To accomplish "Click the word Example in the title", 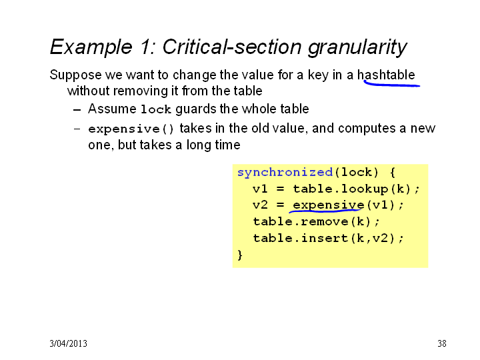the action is (x=91, y=48).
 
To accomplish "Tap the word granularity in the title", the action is (x=357, y=48).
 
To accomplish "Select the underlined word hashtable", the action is (x=386, y=75).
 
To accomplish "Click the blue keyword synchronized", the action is (x=285, y=173).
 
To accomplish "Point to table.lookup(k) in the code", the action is (x=352, y=189).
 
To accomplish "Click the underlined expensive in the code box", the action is (x=329, y=205).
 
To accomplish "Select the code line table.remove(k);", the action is (x=316, y=221).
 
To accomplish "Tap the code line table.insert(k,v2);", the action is (x=328, y=238).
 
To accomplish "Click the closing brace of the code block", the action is (x=240, y=255).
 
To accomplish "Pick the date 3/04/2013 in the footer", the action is (x=68, y=343).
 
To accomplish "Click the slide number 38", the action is (x=442, y=343).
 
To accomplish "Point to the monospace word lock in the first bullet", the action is (x=155, y=109).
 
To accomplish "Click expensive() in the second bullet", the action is (x=131, y=129).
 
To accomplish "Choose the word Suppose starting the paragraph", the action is (x=75, y=75).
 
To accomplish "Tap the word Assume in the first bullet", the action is (x=112, y=109).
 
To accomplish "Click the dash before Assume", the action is (x=77, y=110).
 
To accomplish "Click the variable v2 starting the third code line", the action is (x=260, y=205).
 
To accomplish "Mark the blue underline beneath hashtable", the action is (x=392, y=84).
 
